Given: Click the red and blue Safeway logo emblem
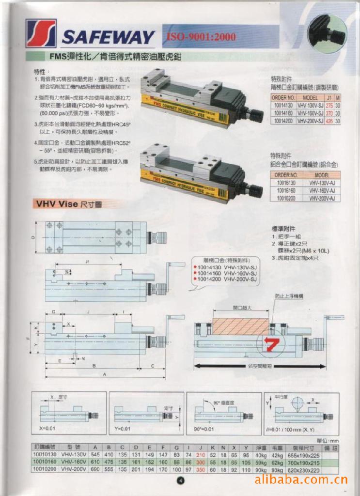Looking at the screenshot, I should click(41, 33).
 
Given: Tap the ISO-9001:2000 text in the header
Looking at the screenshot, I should click(201, 37).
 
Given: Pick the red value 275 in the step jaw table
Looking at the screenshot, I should click(329, 105).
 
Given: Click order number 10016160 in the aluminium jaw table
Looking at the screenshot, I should click(285, 190).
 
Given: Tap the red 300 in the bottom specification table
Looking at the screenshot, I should click(200, 463).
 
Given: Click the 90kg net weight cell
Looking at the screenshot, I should click(261, 470).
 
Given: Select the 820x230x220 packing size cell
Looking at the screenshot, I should click(303, 470).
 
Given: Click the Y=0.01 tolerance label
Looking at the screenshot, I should click(123, 429).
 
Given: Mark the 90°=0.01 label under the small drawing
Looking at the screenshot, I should click(203, 429).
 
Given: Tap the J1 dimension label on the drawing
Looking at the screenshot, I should click(88, 261).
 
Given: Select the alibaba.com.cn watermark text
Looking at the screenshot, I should click(301, 480).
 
